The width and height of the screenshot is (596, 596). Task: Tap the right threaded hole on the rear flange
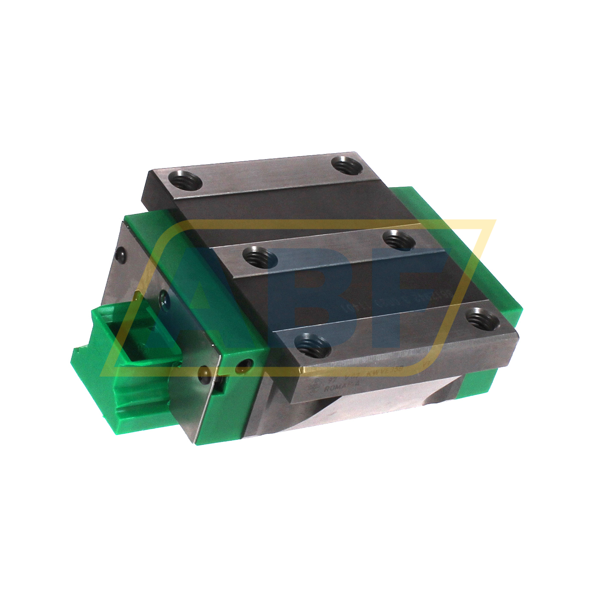pos(347,165)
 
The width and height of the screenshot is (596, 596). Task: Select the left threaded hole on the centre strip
pos(260,257)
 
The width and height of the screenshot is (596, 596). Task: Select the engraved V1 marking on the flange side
pos(425,365)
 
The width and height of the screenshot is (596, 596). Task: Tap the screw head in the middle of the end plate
pos(164,296)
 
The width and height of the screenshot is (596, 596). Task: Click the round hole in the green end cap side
pos(245,363)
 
